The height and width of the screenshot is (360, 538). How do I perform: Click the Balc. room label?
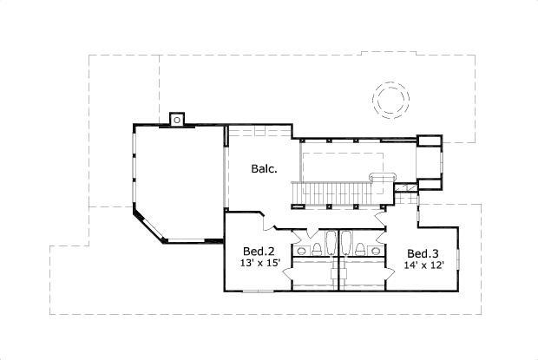[265, 168]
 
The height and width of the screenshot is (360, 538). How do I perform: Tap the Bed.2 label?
[255, 250]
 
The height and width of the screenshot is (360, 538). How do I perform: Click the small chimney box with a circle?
[177, 119]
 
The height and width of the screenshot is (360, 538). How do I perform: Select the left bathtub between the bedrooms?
[329, 242]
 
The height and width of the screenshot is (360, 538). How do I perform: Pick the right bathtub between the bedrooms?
[345, 242]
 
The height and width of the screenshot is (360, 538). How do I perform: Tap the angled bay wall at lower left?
[148, 226]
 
